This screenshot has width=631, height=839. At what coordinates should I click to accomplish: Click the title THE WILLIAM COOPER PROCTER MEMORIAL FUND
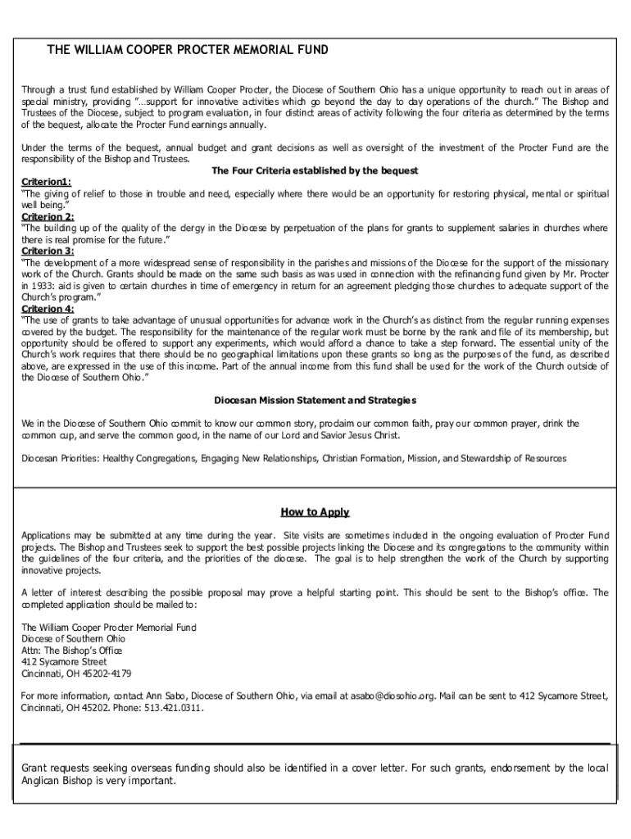[x=188, y=50]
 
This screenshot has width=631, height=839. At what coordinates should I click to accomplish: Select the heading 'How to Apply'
[x=315, y=513]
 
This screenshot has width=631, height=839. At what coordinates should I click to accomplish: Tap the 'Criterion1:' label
[x=46, y=182]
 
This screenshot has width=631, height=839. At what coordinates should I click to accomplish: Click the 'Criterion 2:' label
[x=48, y=217]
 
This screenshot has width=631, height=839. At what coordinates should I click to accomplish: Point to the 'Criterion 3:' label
[x=48, y=252]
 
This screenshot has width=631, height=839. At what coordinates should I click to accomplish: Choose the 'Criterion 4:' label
[x=48, y=309]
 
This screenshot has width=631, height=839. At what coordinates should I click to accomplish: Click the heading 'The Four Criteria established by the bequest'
[x=315, y=170]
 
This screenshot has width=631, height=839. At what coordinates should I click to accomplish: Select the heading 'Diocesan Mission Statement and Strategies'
[x=315, y=400]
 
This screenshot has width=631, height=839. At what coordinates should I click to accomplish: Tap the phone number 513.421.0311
[x=174, y=707]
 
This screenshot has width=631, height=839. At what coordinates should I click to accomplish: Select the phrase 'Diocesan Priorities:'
[x=60, y=458]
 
